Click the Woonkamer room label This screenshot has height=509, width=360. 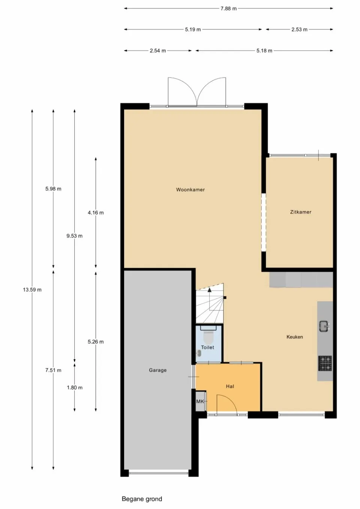click(x=190, y=190)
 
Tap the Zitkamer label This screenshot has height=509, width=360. click(x=300, y=212)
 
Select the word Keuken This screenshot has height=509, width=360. click(x=294, y=337)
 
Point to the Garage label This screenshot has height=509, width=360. click(x=158, y=370)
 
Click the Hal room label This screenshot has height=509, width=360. click(x=230, y=386)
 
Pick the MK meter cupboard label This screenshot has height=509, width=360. click(x=200, y=401)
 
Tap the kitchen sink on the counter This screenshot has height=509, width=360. click(x=324, y=326)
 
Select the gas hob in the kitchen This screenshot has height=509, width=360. click(x=325, y=363)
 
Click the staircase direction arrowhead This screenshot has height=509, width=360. click(x=209, y=289)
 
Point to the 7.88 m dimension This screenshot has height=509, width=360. click(x=228, y=9)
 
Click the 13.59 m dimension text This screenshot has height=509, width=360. click(x=32, y=290)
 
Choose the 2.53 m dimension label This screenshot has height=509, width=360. click(x=299, y=30)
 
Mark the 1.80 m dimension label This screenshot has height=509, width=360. click(x=75, y=388)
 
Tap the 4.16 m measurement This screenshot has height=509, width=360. click(x=96, y=213)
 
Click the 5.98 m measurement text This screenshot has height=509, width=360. click(x=53, y=189)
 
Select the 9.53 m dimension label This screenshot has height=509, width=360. click(x=75, y=236)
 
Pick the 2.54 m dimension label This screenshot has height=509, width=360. click(x=158, y=51)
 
